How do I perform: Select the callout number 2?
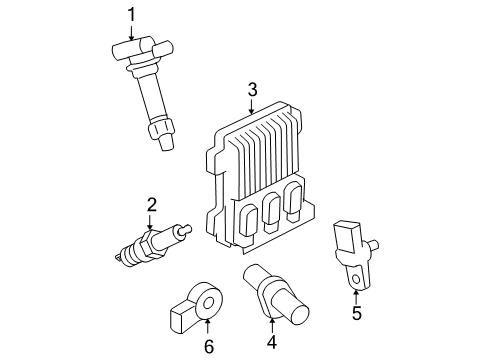coord(151,206)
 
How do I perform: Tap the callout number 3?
coord(253,93)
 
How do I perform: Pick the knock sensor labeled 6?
coord(201,300)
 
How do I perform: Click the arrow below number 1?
coord(130,32)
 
